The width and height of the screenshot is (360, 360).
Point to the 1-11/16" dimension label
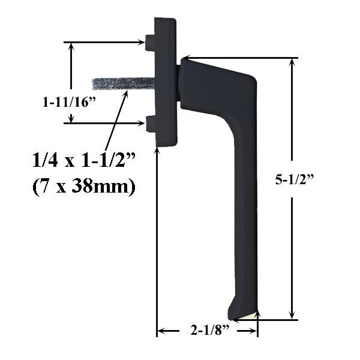coord(70,103)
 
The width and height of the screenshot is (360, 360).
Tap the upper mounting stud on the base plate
coord(150,42)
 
